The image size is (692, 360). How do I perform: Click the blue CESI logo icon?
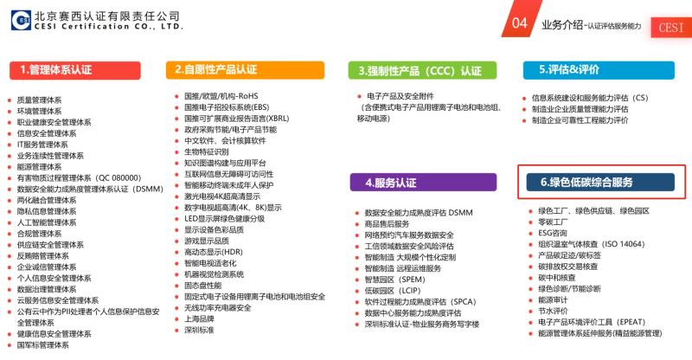[21, 20]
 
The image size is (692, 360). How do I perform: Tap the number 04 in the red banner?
[520, 22]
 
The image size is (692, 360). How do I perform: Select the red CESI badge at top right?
[671, 28]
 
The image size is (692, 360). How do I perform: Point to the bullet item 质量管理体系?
[39, 100]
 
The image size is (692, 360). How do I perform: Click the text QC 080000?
[119, 178]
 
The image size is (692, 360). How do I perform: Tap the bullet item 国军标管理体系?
[42, 345]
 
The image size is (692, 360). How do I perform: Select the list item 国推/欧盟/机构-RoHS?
[221, 96]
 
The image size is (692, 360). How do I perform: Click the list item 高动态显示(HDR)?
[214, 252]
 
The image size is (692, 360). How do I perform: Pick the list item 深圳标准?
[199, 330]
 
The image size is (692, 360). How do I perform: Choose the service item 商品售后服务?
[387, 224]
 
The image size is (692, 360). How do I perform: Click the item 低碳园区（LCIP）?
[393, 291]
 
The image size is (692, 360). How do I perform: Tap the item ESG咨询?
[553, 233]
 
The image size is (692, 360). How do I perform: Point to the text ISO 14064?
[623, 244]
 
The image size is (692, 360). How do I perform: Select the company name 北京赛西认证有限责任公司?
[106, 16]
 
